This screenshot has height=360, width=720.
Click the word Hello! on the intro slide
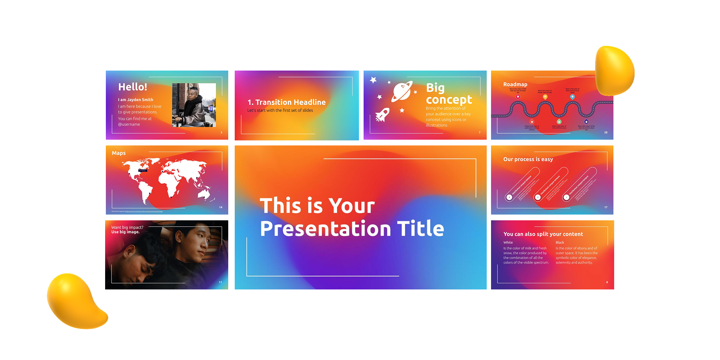tap(132, 87)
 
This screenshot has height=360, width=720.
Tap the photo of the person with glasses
tap(194, 105)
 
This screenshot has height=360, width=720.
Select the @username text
tap(129, 125)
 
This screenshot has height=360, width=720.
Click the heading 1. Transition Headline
tap(287, 102)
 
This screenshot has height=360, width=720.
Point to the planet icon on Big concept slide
tap(402, 91)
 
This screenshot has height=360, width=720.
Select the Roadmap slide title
tap(515, 84)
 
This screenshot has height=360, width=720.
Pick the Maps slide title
tap(119, 153)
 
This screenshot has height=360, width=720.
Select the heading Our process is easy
tap(528, 159)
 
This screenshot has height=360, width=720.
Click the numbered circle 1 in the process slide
tap(509, 197)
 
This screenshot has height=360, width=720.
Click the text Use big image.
tap(125, 232)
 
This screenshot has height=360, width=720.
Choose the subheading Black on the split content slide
tap(560, 243)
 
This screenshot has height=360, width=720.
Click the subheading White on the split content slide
tap(508, 243)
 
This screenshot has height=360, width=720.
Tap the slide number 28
tap(606, 132)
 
